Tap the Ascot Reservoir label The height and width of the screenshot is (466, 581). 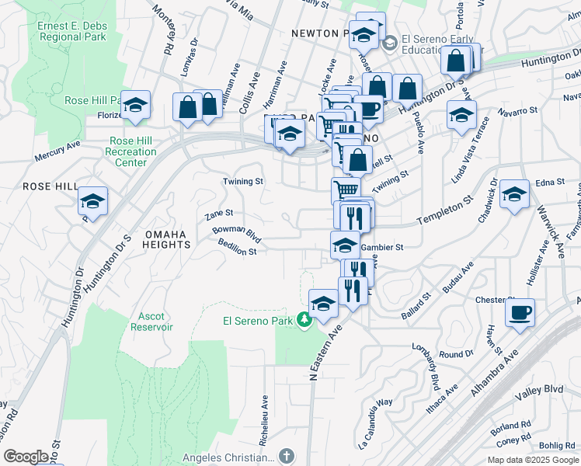pos(155,322)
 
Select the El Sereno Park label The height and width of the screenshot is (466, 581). pos(257,321)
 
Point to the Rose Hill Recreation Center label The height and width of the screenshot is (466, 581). pos(133,151)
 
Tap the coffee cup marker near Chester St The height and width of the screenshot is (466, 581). pos(520,313)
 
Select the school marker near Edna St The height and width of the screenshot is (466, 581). pos(514,195)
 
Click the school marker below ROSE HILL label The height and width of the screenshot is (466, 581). pos(93,201)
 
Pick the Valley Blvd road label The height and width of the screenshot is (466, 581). pos(541,388)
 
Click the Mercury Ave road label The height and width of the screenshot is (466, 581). pos(57,151)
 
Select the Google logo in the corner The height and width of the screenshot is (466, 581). pos(26,457)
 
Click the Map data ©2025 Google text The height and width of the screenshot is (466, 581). pos(532,460)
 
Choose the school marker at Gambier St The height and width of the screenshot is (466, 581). pos(345,245)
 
